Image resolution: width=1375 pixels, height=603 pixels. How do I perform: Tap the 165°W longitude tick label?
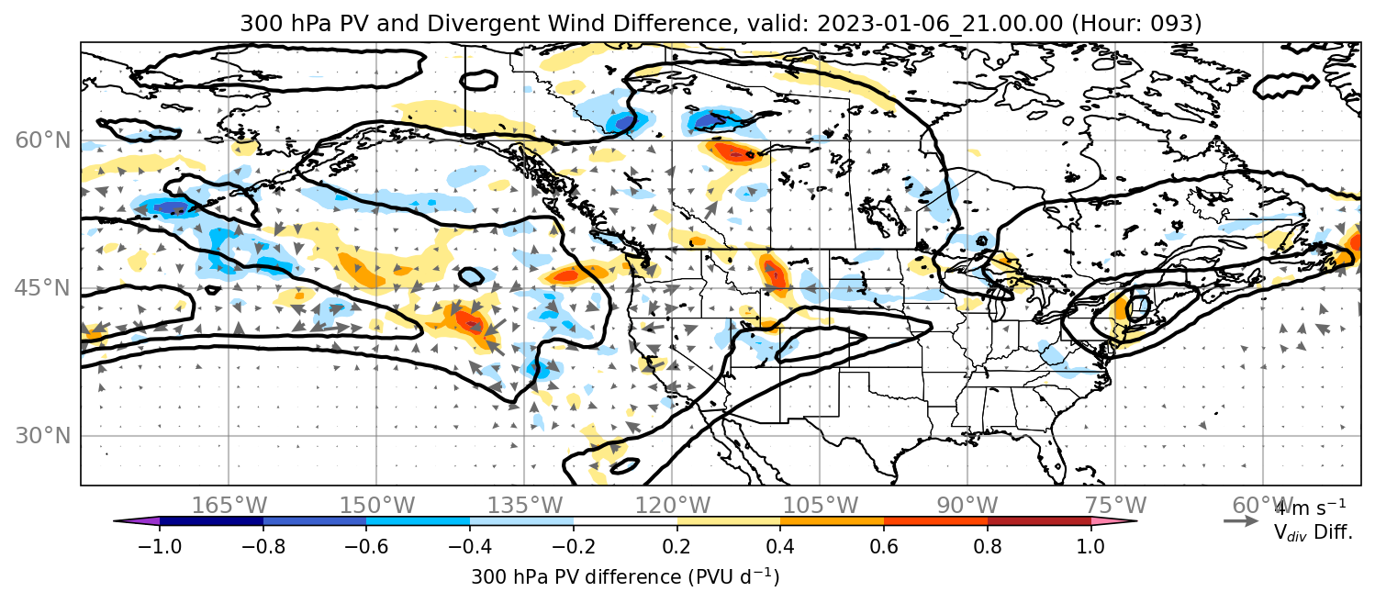click(x=229, y=506)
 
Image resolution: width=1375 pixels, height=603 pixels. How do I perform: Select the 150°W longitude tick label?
click(x=377, y=506)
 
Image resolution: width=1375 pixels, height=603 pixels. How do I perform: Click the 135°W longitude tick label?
click(x=525, y=506)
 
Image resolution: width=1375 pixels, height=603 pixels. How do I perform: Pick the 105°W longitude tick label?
click(x=820, y=506)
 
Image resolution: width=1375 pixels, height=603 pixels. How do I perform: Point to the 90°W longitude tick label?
click(x=967, y=506)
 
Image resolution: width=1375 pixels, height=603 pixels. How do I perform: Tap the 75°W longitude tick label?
click(x=1115, y=506)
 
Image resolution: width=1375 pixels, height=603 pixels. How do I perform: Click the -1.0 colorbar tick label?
click(x=160, y=546)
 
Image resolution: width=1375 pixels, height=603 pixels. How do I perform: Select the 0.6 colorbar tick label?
click(x=884, y=546)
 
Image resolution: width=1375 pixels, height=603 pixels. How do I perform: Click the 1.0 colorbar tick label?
click(x=1090, y=546)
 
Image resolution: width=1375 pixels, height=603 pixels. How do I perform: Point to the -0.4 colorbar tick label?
click(x=470, y=546)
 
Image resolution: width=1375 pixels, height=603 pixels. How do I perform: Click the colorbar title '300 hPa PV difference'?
click(x=576, y=577)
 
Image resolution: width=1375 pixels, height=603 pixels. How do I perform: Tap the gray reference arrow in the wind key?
click(x=1241, y=521)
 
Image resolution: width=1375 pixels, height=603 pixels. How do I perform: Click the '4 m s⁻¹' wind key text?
click(x=1310, y=508)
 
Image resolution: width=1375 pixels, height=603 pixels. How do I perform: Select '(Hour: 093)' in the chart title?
click(x=1137, y=23)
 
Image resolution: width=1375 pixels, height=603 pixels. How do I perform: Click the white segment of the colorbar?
click(x=625, y=521)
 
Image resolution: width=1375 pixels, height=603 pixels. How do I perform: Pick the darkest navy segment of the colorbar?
click(x=212, y=521)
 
